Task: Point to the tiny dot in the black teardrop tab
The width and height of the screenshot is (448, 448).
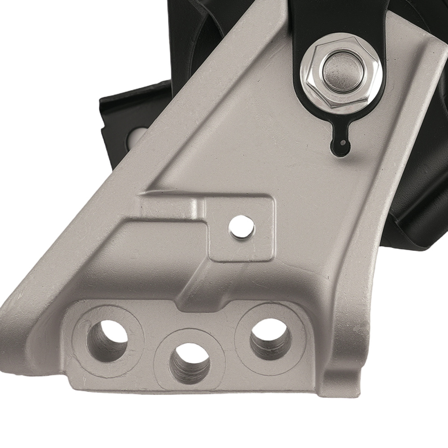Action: point(343,143)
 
